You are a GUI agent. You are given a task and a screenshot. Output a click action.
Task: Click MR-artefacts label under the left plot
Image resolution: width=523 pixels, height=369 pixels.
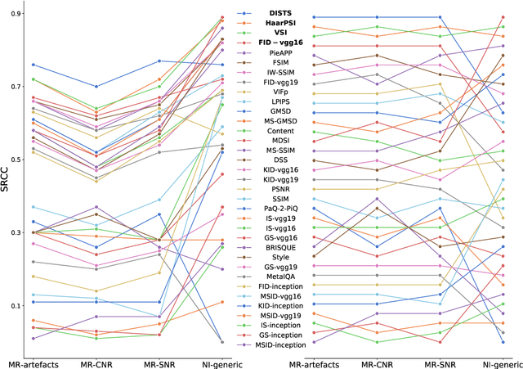point(33,361)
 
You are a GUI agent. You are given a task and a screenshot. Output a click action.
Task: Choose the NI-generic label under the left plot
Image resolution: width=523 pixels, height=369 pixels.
point(221,361)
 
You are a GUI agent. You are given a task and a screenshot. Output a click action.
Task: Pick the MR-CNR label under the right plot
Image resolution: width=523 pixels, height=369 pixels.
point(377,361)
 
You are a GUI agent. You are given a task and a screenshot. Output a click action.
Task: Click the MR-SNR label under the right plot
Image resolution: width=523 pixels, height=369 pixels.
point(440,361)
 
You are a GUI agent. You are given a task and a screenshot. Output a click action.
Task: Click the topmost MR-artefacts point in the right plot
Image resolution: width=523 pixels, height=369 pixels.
point(314,17)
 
